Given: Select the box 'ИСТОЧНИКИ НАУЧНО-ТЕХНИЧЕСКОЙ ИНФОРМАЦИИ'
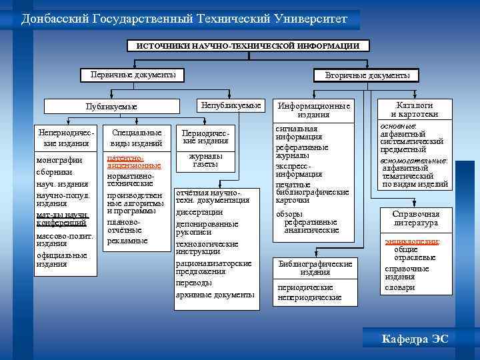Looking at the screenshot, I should point(247,46).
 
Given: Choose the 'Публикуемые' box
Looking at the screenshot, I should point(112,107).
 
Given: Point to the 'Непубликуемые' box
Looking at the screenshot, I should point(231,105).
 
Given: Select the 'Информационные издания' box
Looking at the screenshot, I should point(313,110).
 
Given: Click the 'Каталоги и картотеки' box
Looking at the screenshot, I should point(414,110).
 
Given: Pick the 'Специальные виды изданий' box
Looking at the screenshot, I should point(137,138).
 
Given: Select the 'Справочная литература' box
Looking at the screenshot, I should point(415,218).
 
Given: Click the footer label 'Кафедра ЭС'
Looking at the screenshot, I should point(415,339).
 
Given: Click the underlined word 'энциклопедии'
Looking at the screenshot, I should point(411,241).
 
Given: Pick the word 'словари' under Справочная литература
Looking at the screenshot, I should point(400,287).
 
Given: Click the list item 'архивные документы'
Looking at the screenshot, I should point(215,295).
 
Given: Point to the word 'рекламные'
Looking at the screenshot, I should point(127,240).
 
